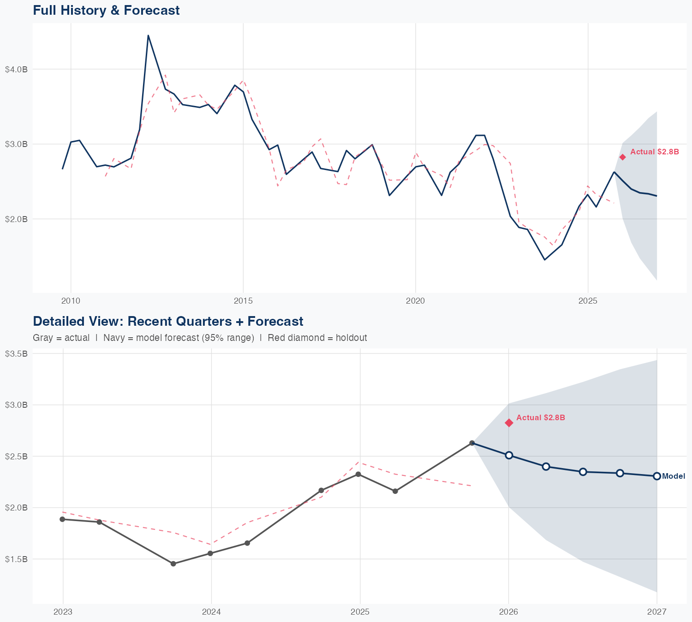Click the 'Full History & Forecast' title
(106, 10)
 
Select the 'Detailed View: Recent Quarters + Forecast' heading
(168, 321)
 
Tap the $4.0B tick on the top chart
(16, 69)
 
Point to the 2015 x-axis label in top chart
(243, 301)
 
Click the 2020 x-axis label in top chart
(415, 301)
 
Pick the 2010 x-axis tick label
(71, 301)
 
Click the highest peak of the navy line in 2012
(148, 35)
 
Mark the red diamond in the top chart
(622, 157)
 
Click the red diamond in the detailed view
(509, 423)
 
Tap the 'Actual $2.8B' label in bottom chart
(540, 417)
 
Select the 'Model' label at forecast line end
(673, 476)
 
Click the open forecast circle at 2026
(509, 455)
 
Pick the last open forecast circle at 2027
(657, 476)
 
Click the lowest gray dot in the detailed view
(173, 563)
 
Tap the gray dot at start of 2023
(63, 519)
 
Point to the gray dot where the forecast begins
(472, 443)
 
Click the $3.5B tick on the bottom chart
(16, 354)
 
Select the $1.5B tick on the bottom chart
(16, 559)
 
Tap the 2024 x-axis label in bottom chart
(211, 612)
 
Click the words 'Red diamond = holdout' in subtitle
(317, 338)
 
